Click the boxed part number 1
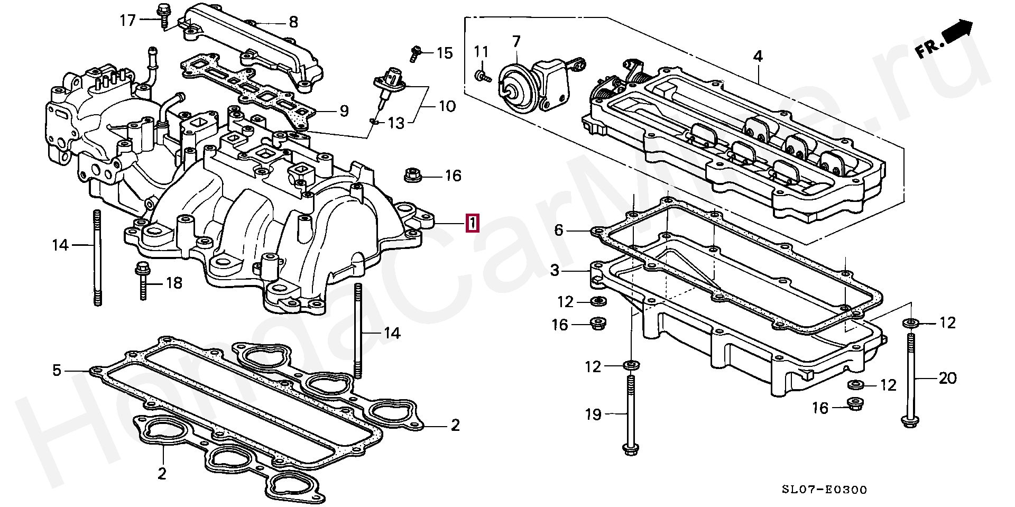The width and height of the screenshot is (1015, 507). pyautogui.click(x=472, y=223)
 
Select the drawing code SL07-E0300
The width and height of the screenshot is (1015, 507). pyautogui.click(x=824, y=490)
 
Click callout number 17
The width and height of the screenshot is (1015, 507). pyautogui.click(x=128, y=21)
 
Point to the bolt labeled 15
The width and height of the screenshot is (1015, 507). pyautogui.click(x=416, y=52)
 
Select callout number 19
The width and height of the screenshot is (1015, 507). pyautogui.click(x=593, y=414)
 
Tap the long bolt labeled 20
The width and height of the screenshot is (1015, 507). pyautogui.click(x=911, y=381)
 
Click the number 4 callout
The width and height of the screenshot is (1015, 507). pyautogui.click(x=758, y=56)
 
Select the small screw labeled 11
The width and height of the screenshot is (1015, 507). pyautogui.click(x=482, y=77)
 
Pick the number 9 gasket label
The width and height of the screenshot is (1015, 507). pyautogui.click(x=344, y=110)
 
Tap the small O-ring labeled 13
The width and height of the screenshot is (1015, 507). pyautogui.click(x=374, y=122)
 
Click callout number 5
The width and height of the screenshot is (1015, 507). pyautogui.click(x=57, y=370)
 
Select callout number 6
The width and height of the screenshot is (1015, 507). pyautogui.click(x=559, y=230)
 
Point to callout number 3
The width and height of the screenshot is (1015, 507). pyautogui.click(x=554, y=271)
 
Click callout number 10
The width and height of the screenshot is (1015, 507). pyautogui.click(x=447, y=106)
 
